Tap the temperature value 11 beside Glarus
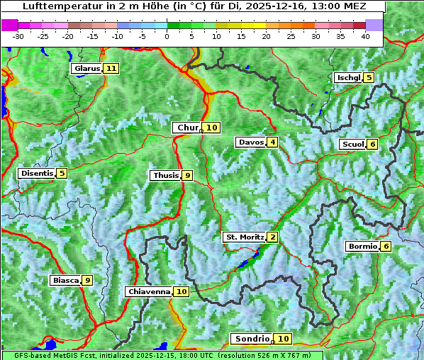coord(111,69)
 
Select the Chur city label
coord(188,128)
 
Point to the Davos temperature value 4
coord(272,142)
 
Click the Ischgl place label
coord(348,77)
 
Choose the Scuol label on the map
coord(352,145)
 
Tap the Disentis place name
coord(37,173)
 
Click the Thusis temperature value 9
coord(187,175)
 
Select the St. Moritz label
coord(244,237)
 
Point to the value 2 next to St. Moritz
coord(272,237)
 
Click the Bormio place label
coord(362,247)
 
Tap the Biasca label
coord(65,280)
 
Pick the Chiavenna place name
coord(149,291)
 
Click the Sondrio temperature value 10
coord(283,339)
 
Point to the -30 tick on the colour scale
coord(18,35)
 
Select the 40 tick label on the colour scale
coord(365,35)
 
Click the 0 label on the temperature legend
coord(167,35)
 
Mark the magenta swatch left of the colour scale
coord(10,24)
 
